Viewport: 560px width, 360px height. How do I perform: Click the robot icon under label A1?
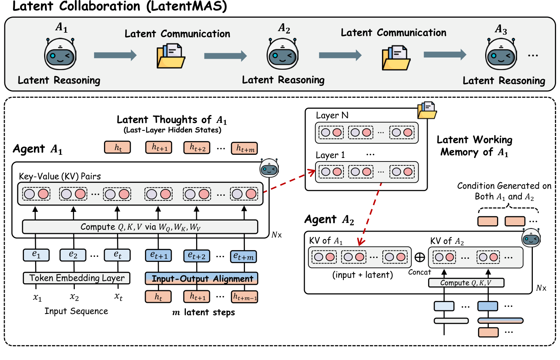pyautogui.click(x=60, y=54)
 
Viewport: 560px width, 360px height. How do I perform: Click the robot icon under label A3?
pyautogui.click(x=501, y=54)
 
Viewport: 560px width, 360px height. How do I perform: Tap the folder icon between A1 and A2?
pyautogui.click(x=171, y=56)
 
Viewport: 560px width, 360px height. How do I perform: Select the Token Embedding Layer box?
pyautogui.click(x=77, y=278)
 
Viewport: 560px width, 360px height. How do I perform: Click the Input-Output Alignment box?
pyautogui.click(x=202, y=278)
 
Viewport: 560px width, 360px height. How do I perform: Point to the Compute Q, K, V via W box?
pyautogui.click(x=140, y=227)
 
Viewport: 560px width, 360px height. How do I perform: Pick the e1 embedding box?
pyautogui.click(x=36, y=255)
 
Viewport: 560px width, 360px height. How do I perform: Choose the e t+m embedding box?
pyautogui.click(x=243, y=256)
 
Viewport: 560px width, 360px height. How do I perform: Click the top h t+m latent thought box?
pyautogui.click(x=244, y=148)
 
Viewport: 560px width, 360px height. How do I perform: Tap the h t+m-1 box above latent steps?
pyautogui.click(x=245, y=297)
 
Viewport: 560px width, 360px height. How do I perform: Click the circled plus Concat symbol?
pyautogui.click(x=420, y=257)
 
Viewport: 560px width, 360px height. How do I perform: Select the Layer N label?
pyautogui.click(x=332, y=115)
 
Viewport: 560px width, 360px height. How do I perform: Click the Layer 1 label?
pyautogui.click(x=330, y=155)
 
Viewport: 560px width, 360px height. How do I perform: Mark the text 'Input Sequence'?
pyautogui.click(x=76, y=311)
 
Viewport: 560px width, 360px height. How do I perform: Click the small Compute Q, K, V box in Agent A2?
pyautogui.click(x=466, y=283)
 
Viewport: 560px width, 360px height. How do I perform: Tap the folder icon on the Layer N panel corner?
pyautogui.click(x=427, y=110)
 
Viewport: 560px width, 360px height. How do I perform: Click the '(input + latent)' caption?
pyautogui.click(x=362, y=275)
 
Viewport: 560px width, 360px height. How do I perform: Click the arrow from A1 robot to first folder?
pyautogui.click(x=115, y=55)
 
